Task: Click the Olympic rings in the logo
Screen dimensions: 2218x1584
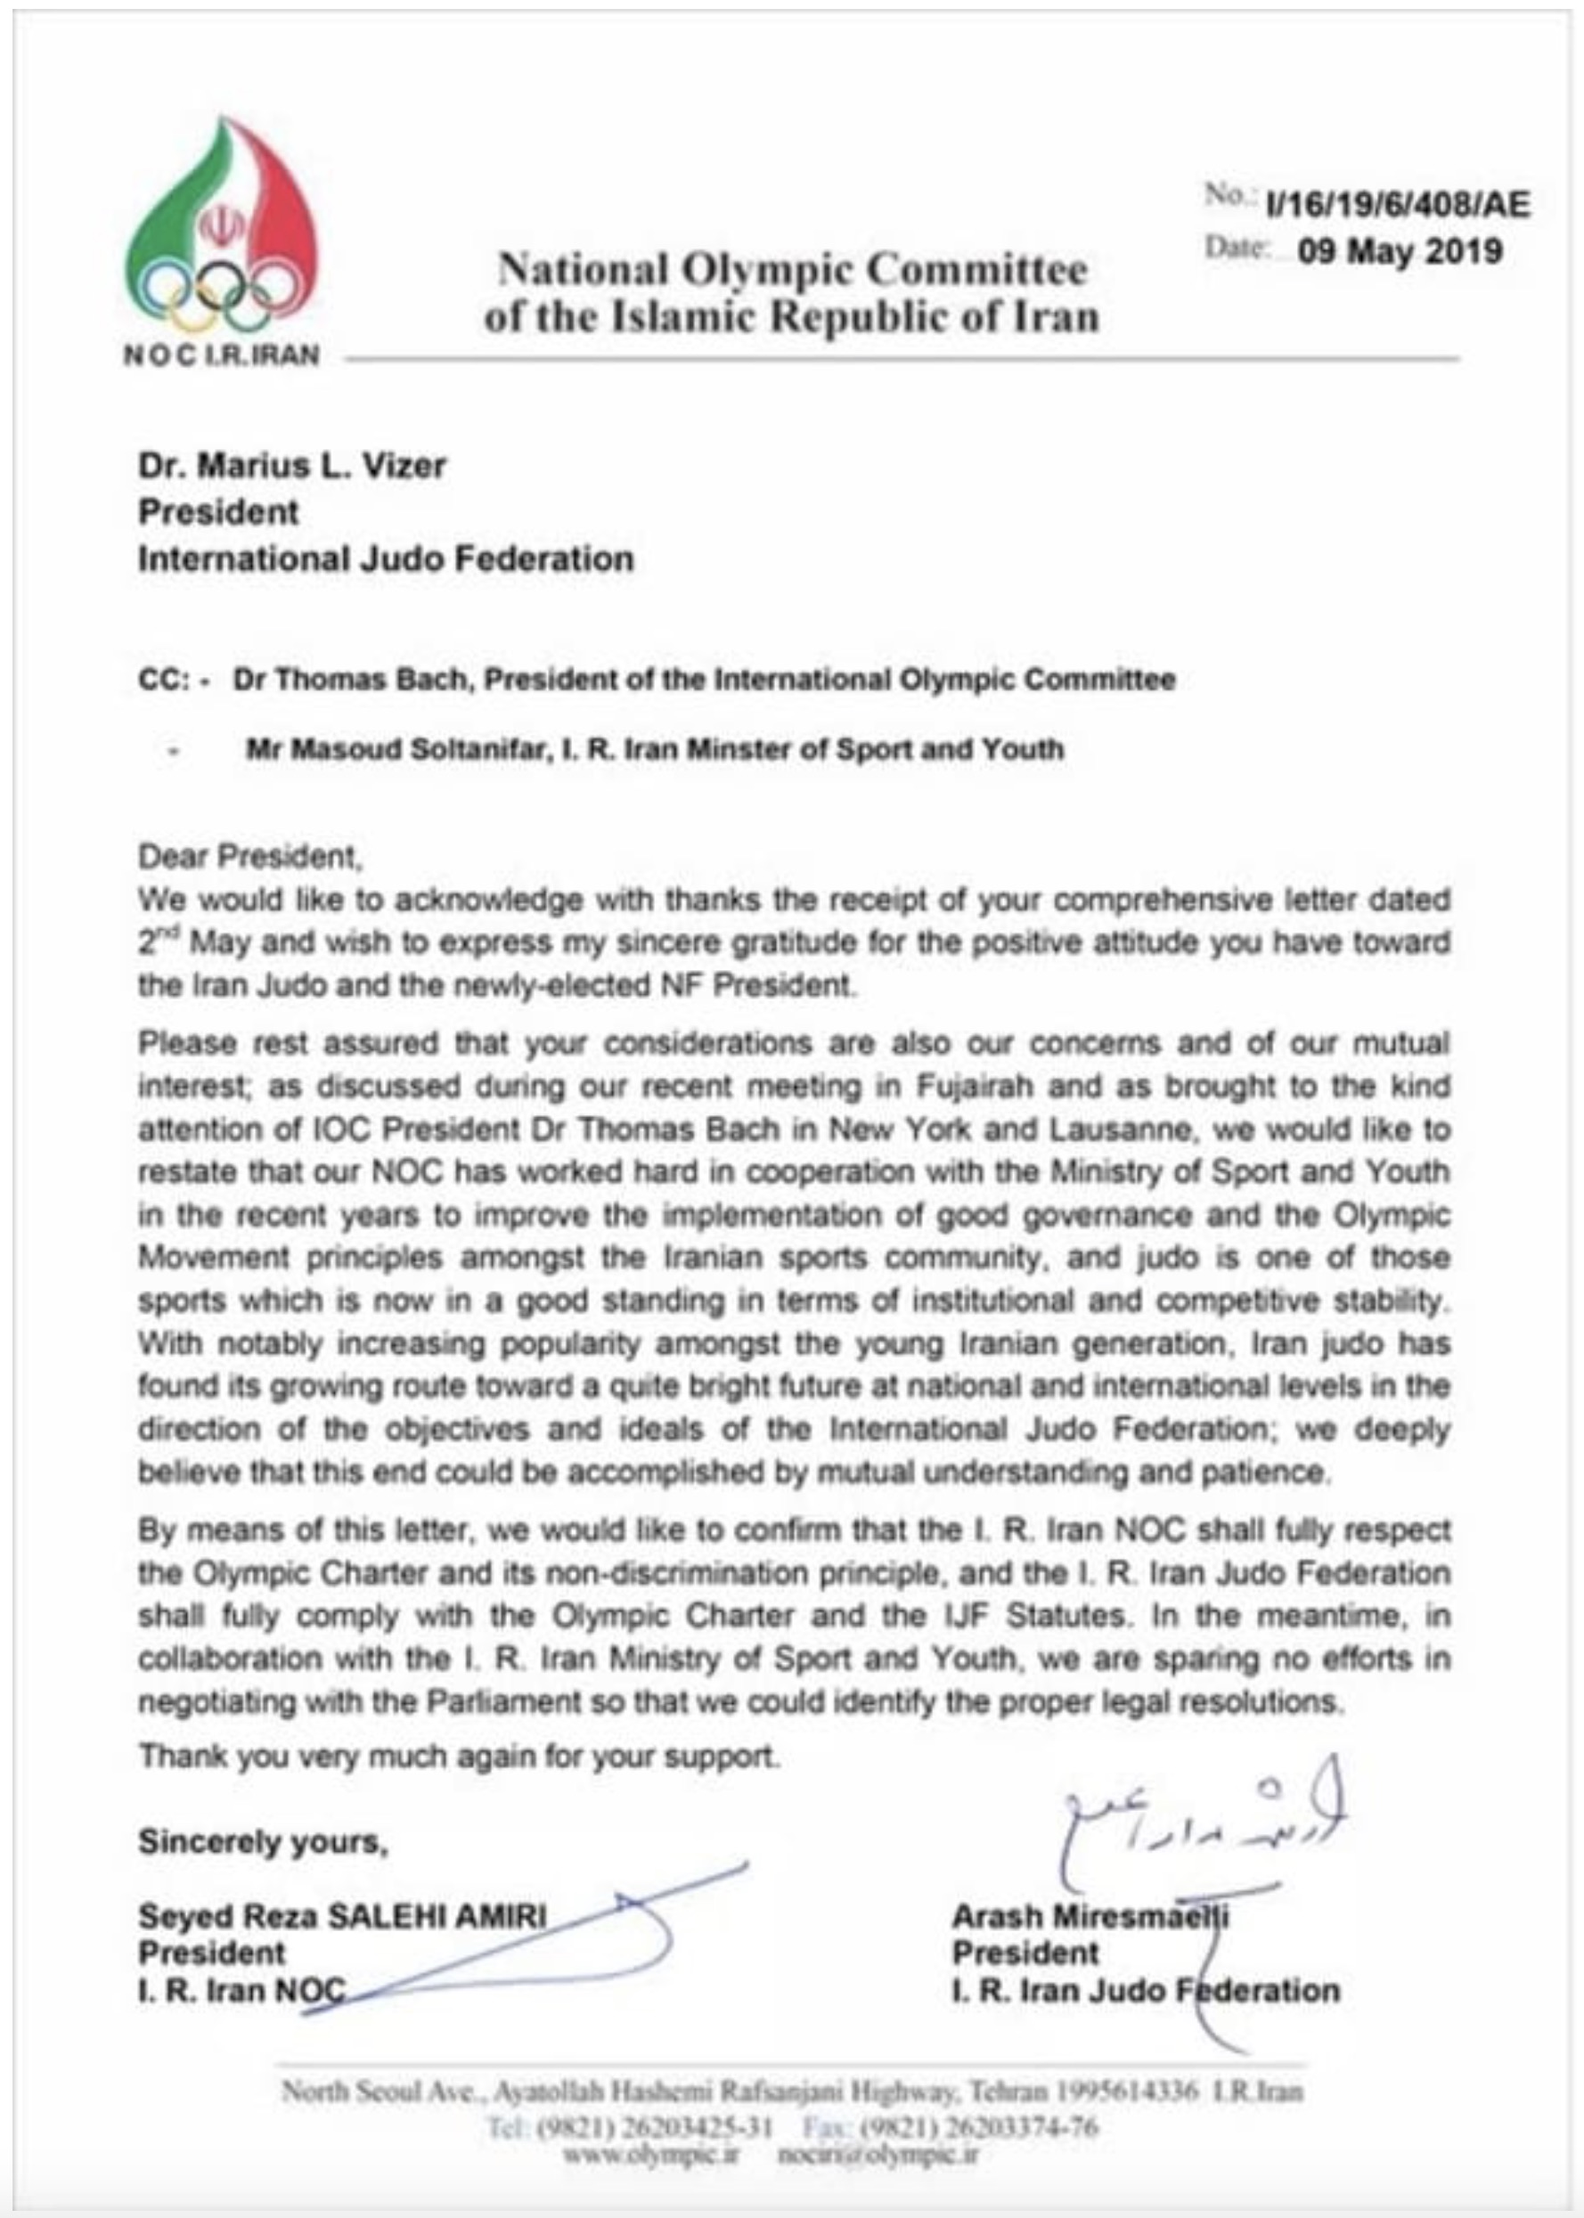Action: pyautogui.click(x=220, y=290)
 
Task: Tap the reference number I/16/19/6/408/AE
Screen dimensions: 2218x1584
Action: pyautogui.click(x=1398, y=205)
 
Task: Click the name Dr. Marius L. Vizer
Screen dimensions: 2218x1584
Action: pyautogui.click(x=291, y=465)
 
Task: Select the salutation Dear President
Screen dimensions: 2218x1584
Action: pyautogui.click(x=250, y=856)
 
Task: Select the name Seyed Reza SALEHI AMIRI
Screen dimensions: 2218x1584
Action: pyautogui.click(x=342, y=1917)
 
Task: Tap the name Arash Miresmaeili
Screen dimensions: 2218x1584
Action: pyautogui.click(x=1090, y=1917)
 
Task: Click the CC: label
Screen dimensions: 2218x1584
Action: pyautogui.click(x=164, y=680)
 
